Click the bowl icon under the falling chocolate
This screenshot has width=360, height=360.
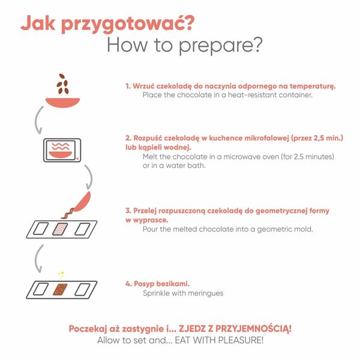click(x=62, y=103)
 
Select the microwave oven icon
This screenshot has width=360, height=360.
click(x=62, y=150)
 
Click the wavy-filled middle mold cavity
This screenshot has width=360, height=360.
click(x=60, y=229)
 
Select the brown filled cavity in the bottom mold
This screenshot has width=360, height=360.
click(x=60, y=289)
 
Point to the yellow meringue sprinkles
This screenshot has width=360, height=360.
click(x=61, y=275)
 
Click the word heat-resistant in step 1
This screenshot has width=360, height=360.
click(x=252, y=95)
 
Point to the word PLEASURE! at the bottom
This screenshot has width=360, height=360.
click(x=241, y=340)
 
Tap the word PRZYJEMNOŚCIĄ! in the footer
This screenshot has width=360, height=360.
click(x=253, y=329)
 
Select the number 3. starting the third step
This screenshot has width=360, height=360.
click(x=128, y=211)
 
